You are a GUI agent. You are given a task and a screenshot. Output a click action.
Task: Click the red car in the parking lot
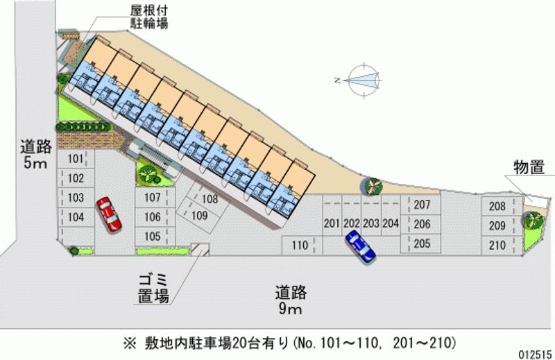click(x=108, y=213)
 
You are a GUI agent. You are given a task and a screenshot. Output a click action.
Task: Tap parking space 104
click(x=76, y=217)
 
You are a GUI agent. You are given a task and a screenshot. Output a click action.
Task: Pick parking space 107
click(x=152, y=198)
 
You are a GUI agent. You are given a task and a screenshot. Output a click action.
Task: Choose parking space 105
click(x=152, y=236)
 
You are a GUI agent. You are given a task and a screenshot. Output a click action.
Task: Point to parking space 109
click(x=200, y=216)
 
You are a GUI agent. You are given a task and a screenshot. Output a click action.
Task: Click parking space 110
click(x=299, y=244)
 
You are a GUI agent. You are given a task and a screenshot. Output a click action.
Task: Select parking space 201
click(x=331, y=223)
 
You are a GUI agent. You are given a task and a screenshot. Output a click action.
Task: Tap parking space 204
click(x=391, y=223)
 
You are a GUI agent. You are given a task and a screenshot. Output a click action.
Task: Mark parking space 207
click(x=422, y=205)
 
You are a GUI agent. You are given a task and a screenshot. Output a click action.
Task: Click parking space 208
click(x=497, y=206)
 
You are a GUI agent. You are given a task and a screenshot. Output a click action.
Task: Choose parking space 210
click(x=497, y=244)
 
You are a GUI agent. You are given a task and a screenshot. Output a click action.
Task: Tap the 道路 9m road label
click(x=291, y=300)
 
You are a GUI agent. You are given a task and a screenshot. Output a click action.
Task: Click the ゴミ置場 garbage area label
click(x=153, y=288)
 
